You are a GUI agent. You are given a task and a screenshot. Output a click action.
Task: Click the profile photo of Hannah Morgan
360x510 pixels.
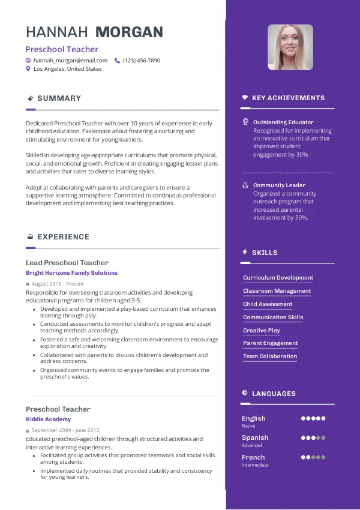[x=290, y=47]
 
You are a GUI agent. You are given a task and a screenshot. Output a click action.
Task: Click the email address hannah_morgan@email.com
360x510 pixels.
[x=70, y=61]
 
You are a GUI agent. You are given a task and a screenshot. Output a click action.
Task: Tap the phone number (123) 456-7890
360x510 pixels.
[x=141, y=61]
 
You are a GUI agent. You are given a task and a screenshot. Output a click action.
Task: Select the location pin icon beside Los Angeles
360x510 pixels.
[x=28, y=69]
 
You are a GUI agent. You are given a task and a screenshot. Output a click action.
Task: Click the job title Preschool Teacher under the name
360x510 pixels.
[x=62, y=49]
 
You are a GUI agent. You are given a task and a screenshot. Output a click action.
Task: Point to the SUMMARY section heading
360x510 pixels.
[x=59, y=98]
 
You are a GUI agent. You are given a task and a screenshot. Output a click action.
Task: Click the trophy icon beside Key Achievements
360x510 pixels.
[x=245, y=98]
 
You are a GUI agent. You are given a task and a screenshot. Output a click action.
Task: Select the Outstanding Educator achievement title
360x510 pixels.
[x=283, y=122]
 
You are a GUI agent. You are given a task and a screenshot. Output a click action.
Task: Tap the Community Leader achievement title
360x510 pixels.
[x=279, y=185]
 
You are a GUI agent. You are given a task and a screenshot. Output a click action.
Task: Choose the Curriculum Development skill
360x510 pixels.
[x=278, y=278]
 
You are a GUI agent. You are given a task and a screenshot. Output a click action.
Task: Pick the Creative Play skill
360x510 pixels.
[x=262, y=331]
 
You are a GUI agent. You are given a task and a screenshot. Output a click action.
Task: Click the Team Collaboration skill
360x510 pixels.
[x=270, y=356]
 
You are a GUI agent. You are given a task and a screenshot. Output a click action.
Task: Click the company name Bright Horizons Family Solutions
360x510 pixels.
[x=71, y=273]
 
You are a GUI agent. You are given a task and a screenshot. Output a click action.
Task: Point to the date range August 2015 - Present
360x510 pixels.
[x=58, y=284]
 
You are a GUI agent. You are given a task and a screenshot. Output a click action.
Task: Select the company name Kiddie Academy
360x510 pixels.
[x=48, y=419]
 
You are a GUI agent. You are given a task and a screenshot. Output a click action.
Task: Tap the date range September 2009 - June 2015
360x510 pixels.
[x=65, y=430]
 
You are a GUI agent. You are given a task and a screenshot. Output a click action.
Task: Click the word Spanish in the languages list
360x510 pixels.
[x=255, y=438]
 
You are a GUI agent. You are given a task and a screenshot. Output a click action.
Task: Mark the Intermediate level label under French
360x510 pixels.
[x=255, y=465]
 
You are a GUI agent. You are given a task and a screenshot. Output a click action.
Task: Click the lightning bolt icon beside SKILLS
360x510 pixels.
[x=245, y=253]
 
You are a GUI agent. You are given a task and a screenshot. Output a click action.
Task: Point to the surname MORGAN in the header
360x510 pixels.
[x=130, y=32]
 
